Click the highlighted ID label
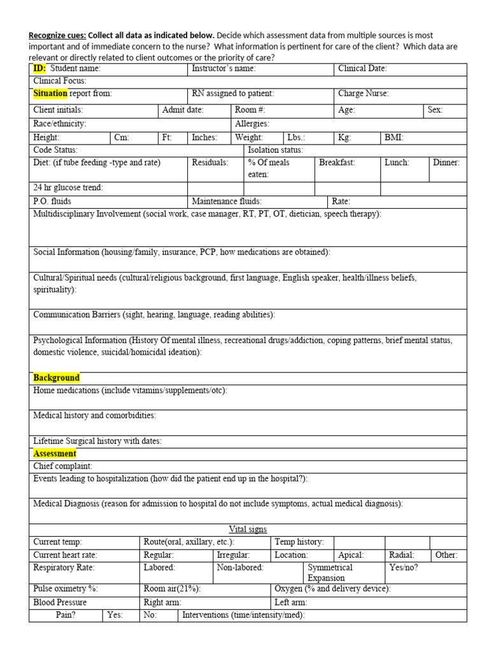39,69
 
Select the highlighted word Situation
50,94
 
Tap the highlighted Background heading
57,378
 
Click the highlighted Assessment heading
55,453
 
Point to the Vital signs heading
248,529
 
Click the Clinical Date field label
362,69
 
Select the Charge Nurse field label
363,94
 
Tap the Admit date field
183,110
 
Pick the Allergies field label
252,124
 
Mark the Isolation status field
275,150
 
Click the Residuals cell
209,162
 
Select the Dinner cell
446,162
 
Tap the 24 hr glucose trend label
68,188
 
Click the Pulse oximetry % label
66,589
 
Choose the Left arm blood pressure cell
290,602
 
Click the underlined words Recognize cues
57,35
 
